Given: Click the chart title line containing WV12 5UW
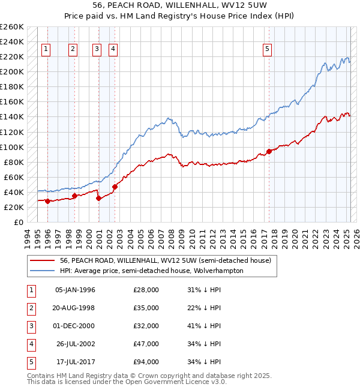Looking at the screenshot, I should click(x=179, y=5).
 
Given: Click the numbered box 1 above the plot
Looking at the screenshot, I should click(x=46, y=50).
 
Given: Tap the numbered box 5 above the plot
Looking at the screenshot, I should click(x=267, y=50).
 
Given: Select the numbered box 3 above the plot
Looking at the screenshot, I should click(x=97, y=50).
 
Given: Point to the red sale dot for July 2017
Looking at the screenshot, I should click(x=269, y=151).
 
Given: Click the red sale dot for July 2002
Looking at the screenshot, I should click(x=115, y=187).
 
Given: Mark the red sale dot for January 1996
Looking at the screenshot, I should click(x=47, y=201).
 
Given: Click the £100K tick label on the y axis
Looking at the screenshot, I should click(x=13, y=147).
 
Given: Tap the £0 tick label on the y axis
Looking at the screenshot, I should click(x=19, y=222).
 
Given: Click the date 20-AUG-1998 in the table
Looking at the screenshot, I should click(x=74, y=308).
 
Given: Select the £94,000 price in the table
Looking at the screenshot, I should click(x=146, y=362).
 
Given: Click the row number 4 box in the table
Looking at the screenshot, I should click(x=30, y=344).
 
